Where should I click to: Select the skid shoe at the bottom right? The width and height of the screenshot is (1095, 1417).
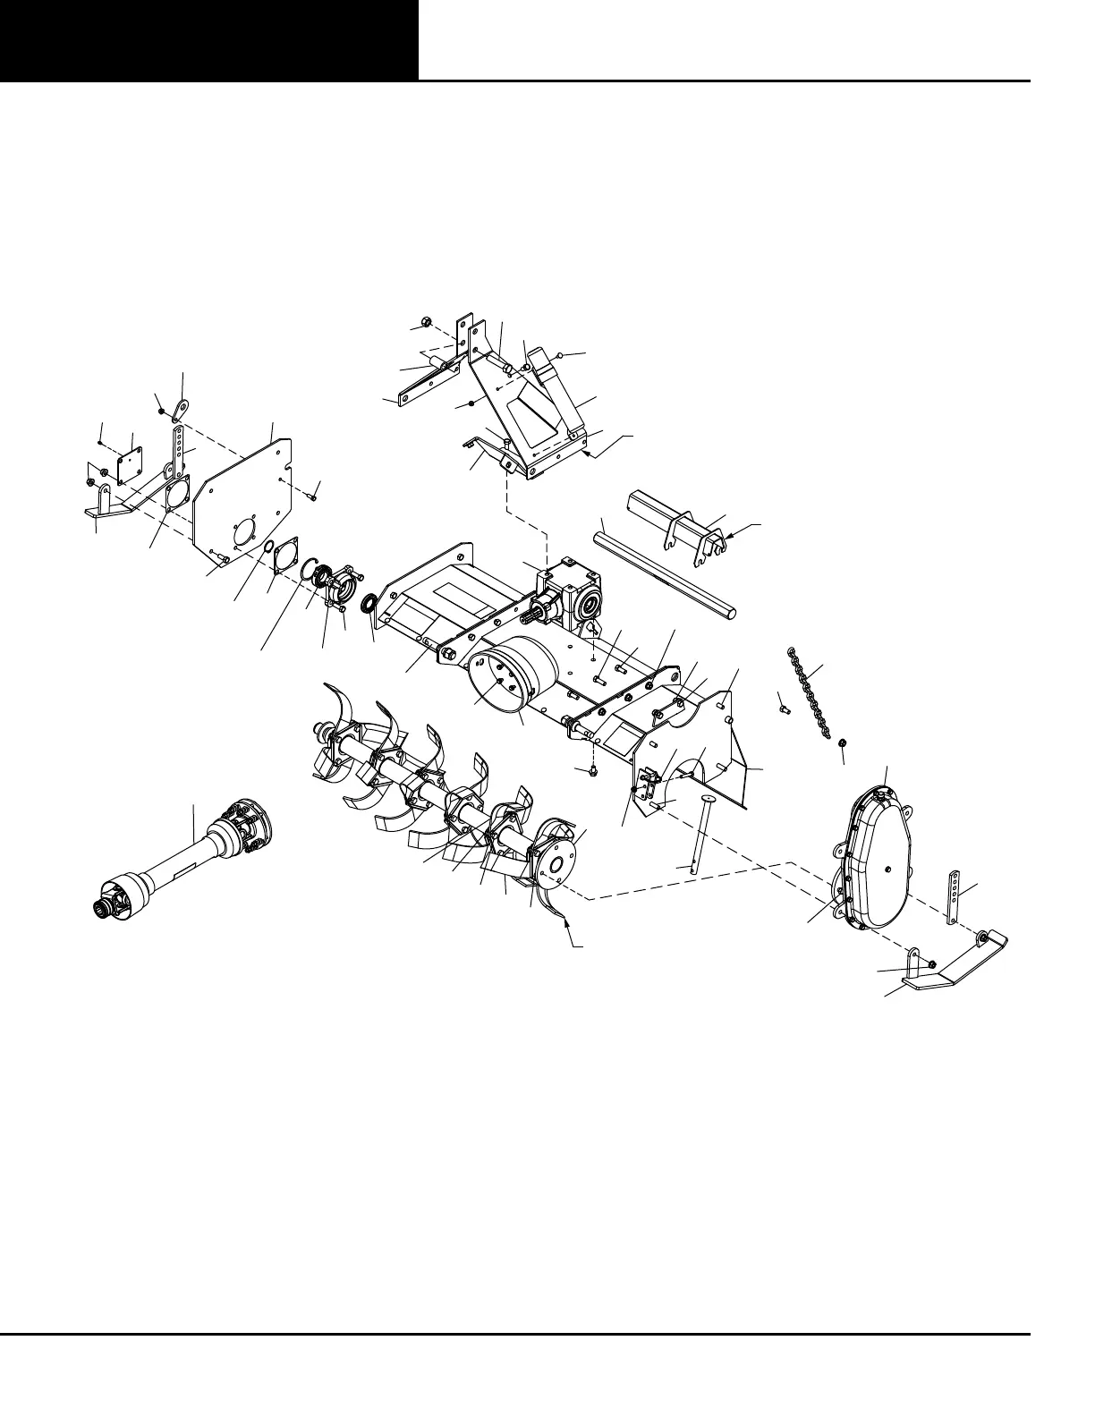tap(957, 961)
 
